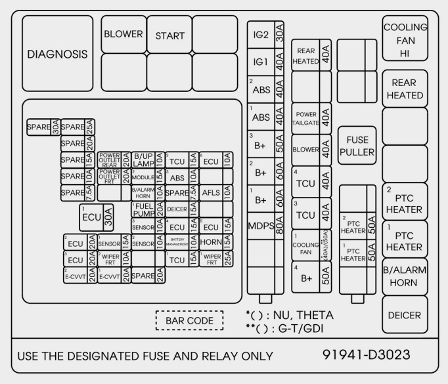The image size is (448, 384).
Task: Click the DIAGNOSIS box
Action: (57, 54)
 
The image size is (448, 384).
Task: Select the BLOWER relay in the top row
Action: (123, 34)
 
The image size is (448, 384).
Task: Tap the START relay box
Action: (169, 35)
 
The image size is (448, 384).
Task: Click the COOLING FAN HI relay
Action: (405, 40)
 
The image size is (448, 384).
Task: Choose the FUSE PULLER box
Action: (357, 146)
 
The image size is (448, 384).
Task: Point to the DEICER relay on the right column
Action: (405, 315)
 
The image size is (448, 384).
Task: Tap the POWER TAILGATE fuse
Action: (311, 118)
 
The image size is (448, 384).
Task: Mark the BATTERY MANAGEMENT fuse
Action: (181, 242)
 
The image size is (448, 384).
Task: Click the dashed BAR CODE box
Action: (189, 320)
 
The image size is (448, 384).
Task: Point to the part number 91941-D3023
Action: (367, 355)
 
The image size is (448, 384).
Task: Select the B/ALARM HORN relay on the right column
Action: (405, 276)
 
